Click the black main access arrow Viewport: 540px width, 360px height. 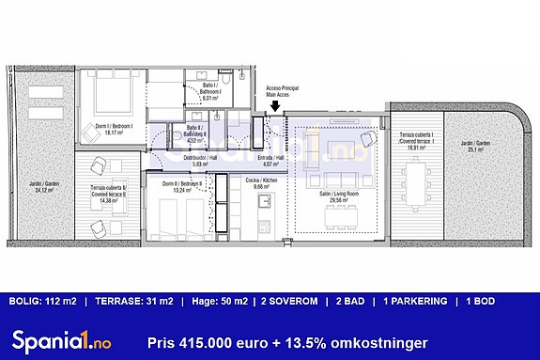(274, 106)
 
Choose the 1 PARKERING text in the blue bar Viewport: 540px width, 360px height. (414, 301)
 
